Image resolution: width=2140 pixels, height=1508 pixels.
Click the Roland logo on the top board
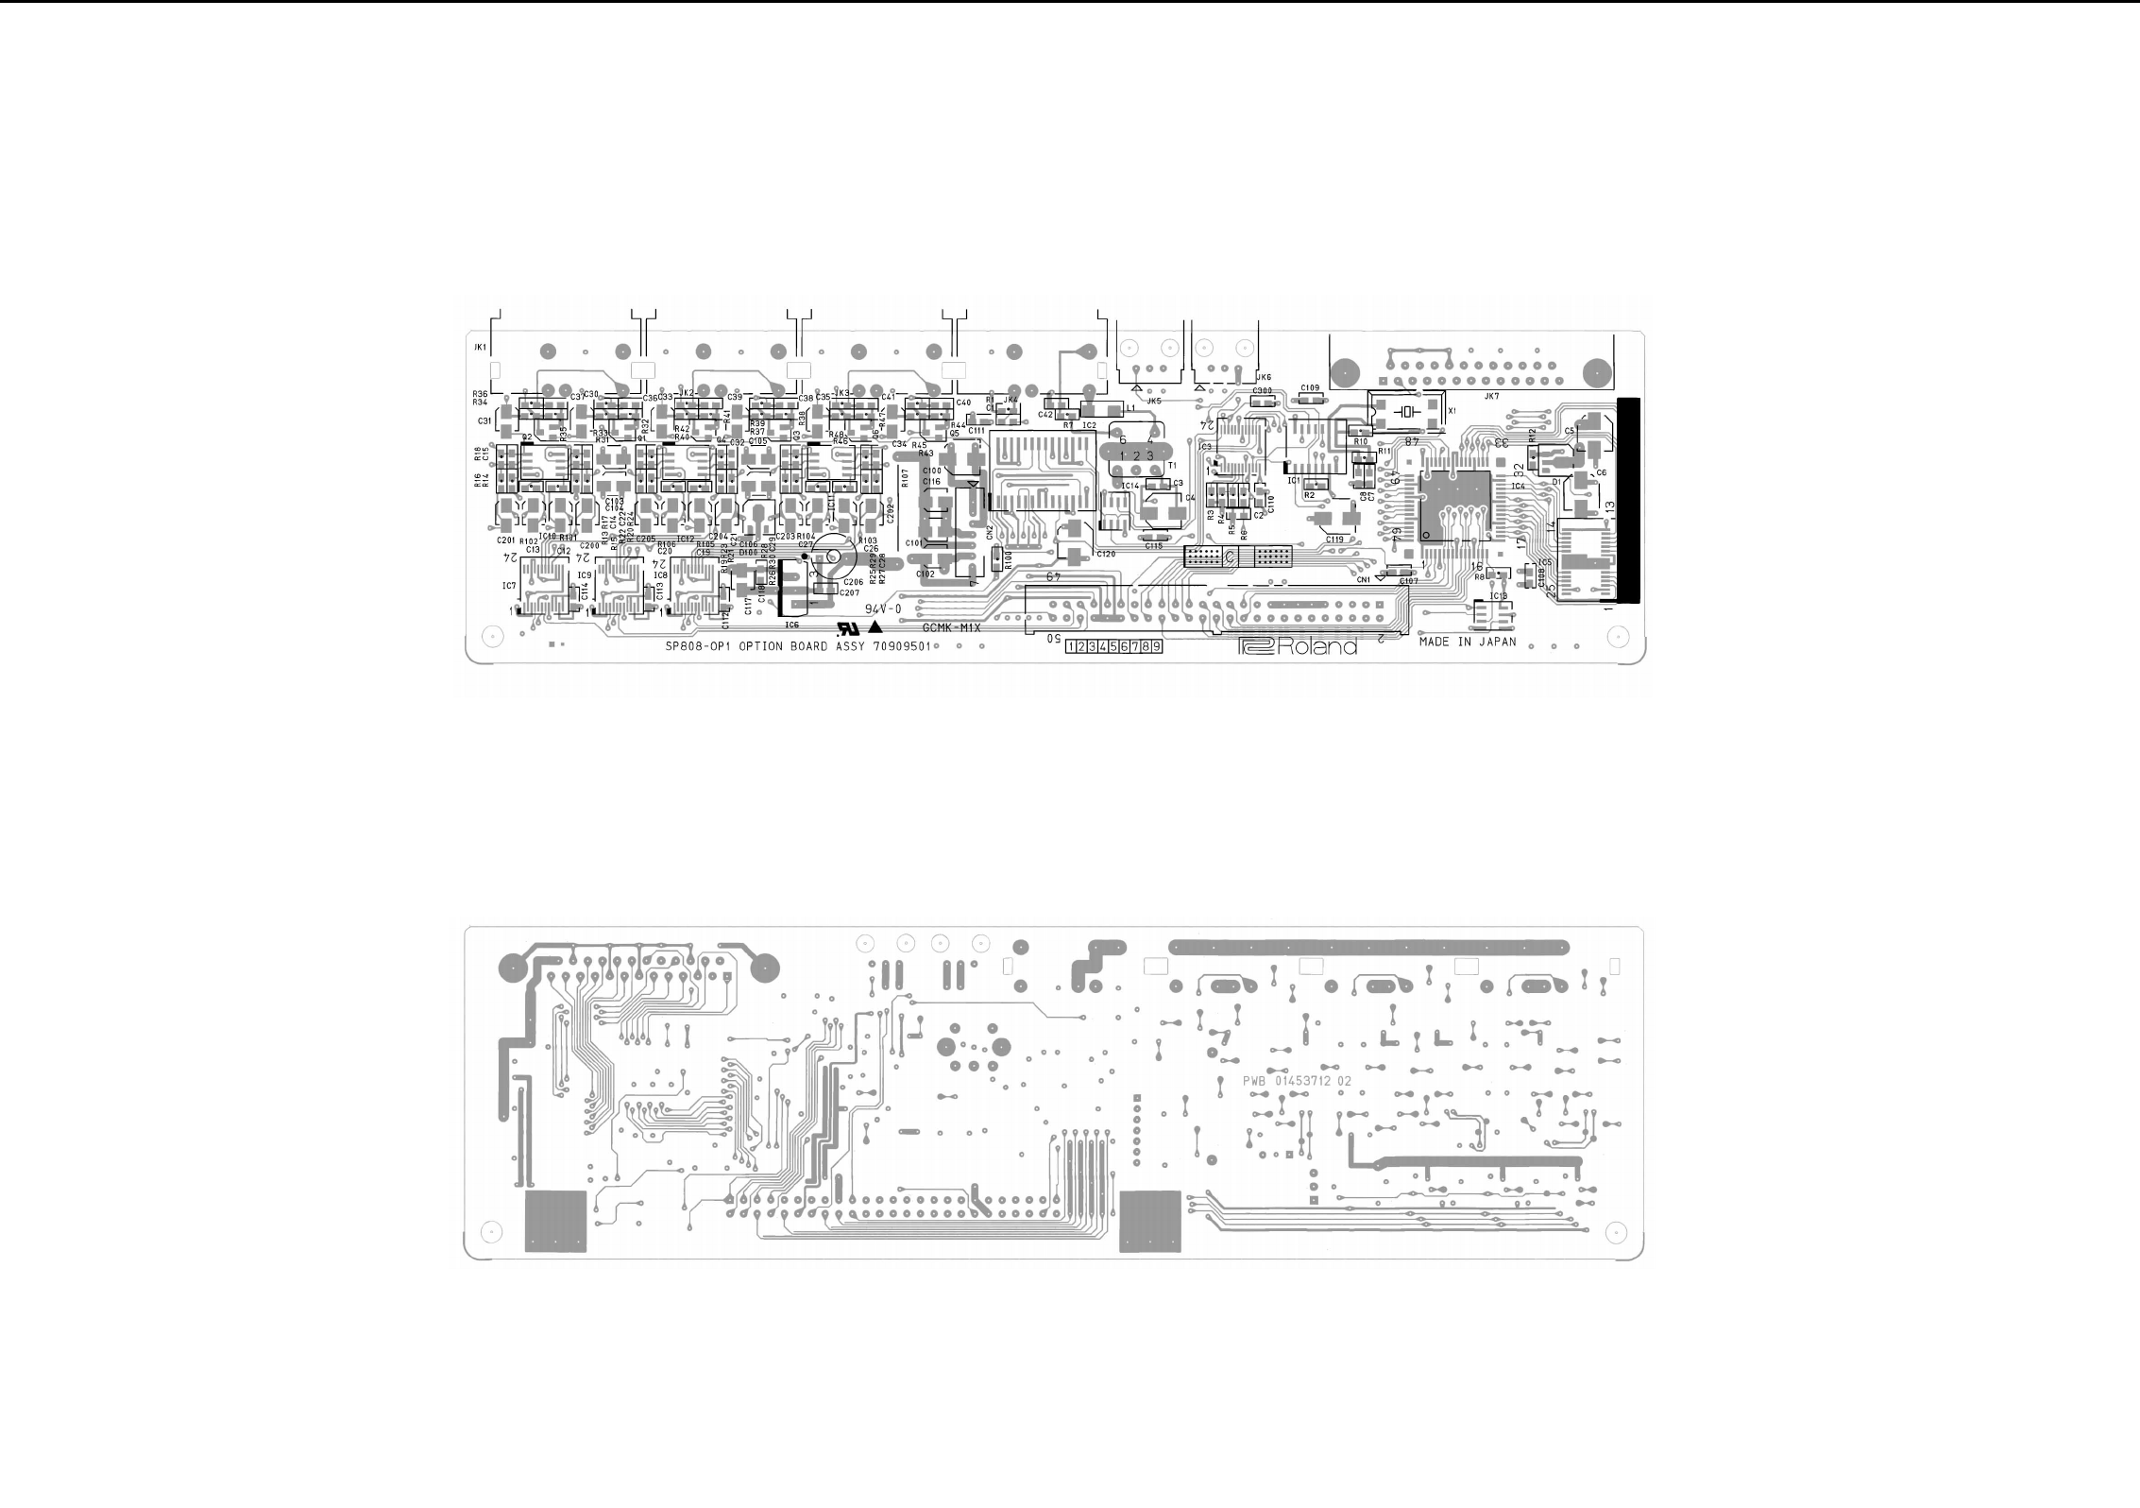[x=1298, y=647]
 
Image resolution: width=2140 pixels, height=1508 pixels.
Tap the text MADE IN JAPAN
[x=1467, y=642]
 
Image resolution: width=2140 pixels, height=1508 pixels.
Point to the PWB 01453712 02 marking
[x=1297, y=1081]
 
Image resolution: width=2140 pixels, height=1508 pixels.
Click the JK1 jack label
[x=480, y=348]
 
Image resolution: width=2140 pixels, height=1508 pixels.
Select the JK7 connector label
[x=1491, y=397]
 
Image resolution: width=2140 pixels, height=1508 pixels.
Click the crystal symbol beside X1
[x=1408, y=411]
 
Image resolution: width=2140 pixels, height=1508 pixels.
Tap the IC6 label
[x=791, y=625]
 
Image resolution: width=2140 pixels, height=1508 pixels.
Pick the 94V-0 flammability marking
[x=885, y=609]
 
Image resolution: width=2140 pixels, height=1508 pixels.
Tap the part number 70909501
[x=902, y=648]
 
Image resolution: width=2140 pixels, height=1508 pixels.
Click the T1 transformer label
[x=1172, y=466]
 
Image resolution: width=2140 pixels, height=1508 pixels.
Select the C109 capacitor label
[x=1309, y=388]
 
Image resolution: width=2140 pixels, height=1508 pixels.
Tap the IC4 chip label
[x=1518, y=487]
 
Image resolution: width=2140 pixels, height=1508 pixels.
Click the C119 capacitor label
[x=1334, y=540]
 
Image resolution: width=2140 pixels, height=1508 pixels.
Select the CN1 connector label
[x=1363, y=580]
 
